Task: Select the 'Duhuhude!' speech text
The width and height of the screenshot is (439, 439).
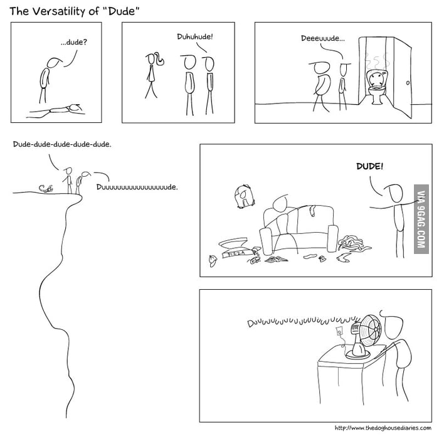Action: coord(195,36)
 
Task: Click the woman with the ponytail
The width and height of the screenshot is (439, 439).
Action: coord(151,75)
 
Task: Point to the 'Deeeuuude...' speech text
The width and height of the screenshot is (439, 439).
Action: coord(322,38)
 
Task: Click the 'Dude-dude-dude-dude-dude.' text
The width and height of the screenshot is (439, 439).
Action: coord(61,145)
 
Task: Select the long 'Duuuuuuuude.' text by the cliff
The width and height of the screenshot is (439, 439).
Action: coord(137,187)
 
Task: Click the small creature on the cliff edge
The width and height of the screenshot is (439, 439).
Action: coord(45,188)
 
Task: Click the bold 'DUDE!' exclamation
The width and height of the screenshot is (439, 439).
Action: coord(369,167)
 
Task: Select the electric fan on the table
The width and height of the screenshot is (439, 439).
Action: coord(364,336)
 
